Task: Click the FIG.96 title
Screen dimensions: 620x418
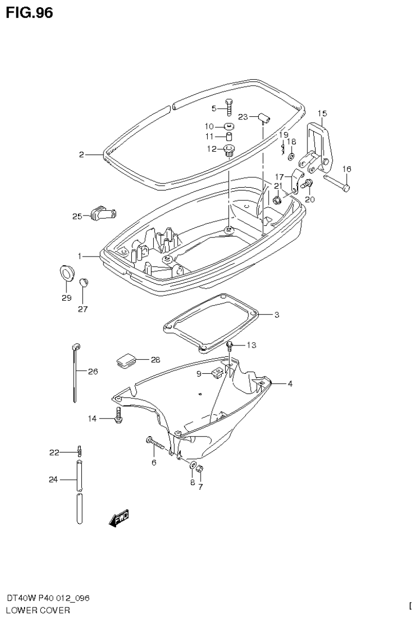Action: point(29,13)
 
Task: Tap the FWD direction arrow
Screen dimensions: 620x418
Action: point(119,518)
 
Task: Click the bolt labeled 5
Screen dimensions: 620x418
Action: point(229,108)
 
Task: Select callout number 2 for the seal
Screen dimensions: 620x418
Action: point(81,155)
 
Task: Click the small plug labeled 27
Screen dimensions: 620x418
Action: point(83,282)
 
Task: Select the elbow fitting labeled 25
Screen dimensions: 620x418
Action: point(101,213)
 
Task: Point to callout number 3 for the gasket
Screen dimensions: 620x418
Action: point(276,314)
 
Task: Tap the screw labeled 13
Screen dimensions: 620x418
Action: point(231,345)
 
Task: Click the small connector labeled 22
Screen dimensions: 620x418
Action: point(80,451)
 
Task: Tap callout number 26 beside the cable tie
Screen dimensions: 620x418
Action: point(93,372)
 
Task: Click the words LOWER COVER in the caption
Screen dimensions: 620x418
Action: point(38,610)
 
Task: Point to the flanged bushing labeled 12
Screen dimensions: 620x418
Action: point(228,150)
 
